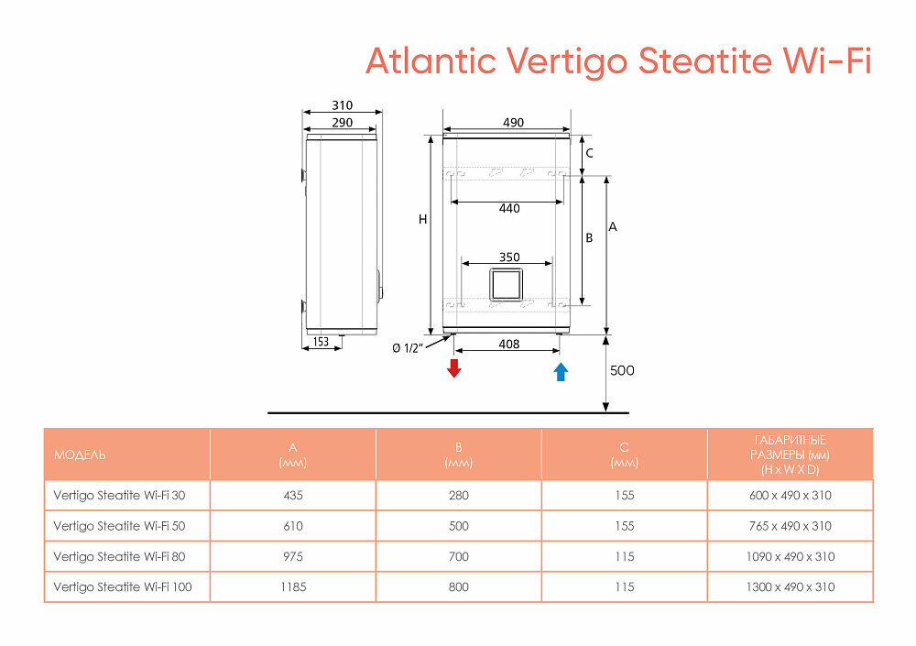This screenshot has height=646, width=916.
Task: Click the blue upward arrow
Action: coord(561,371)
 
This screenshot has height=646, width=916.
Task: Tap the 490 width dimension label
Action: coord(512,123)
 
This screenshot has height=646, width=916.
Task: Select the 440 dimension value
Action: coord(509,209)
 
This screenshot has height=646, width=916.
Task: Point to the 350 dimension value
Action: coord(509,257)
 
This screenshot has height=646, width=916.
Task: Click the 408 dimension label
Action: coord(509,345)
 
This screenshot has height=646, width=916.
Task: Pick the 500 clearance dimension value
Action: coord(622,371)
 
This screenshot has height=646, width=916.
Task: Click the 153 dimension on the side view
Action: coord(322,342)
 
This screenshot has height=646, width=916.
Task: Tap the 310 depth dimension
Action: coord(342,106)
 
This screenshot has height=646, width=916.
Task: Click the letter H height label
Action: coord(422,219)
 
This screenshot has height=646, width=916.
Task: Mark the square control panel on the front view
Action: coord(507,285)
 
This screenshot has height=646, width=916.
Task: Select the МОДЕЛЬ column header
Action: coord(80,455)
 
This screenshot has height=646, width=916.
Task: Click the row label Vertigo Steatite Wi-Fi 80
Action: coord(119,556)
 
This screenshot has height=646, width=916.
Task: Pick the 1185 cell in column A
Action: coord(293,586)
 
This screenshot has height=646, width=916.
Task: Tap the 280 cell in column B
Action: coord(459,496)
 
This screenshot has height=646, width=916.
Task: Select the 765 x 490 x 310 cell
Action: coord(790,526)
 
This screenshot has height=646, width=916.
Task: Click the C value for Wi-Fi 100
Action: coord(625,586)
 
